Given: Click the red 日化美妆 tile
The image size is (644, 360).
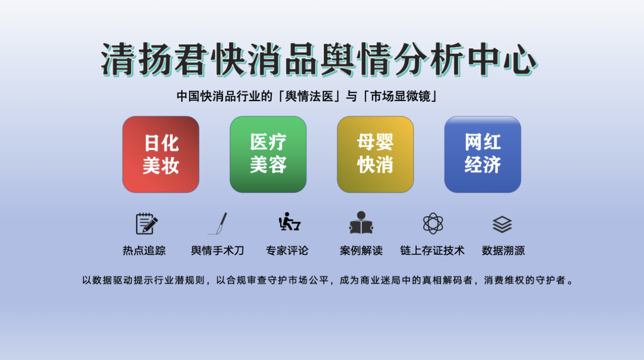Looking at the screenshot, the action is (160, 154).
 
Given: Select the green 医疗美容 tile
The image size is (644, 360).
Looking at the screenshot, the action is (268, 154).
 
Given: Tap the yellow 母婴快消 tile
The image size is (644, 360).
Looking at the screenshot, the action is (375, 154).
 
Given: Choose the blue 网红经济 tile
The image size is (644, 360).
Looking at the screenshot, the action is (482, 154).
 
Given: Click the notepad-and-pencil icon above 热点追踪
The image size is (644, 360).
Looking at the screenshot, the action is (146, 224).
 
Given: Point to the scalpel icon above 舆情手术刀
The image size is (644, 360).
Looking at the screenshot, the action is (218, 224).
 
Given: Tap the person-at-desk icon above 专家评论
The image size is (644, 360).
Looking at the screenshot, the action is (289, 222).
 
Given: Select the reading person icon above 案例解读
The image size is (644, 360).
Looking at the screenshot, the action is (361, 222).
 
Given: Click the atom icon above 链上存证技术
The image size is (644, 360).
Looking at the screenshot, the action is (433, 224).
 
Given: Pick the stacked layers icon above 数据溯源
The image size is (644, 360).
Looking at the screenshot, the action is (502, 224).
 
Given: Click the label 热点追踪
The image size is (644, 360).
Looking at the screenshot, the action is (144, 250).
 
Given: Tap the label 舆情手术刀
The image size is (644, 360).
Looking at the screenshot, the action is (217, 250).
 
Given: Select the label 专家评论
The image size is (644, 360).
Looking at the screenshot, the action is (287, 250).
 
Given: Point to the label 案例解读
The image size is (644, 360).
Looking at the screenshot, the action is (361, 250).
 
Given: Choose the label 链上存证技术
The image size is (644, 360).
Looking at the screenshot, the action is (432, 250).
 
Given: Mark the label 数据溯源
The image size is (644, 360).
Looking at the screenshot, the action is (503, 250).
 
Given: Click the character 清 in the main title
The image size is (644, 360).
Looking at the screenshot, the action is (118, 59).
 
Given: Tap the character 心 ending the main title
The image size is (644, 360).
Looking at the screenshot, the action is (520, 59).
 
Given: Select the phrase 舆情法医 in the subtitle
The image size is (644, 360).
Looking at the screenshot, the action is (309, 96).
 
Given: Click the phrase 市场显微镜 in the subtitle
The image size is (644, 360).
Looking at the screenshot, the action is (400, 96).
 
